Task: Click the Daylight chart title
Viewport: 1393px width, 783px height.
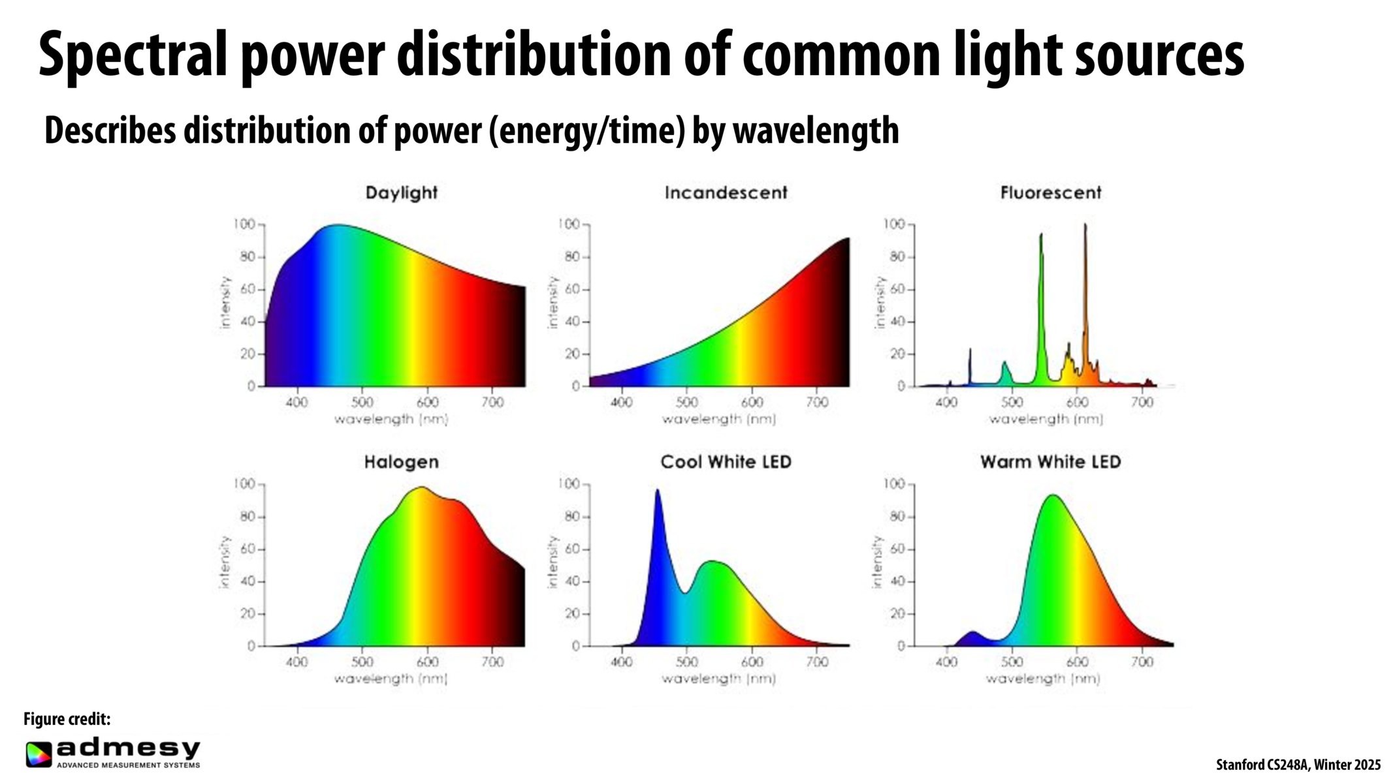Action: (401, 193)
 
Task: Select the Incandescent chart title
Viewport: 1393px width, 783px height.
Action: (726, 193)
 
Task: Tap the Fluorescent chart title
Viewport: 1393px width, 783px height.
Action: (1050, 193)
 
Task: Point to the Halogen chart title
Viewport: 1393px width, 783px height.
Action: (401, 463)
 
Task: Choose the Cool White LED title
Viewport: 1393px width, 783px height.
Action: (726, 463)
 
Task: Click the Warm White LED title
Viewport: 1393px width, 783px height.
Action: (1050, 463)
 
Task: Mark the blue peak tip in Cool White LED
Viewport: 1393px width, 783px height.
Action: (657, 492)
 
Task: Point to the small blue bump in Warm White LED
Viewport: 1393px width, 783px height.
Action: (972, 634)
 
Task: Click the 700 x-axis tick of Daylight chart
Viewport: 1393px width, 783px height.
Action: (492, 403)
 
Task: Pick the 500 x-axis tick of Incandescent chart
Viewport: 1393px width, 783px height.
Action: (686, 403)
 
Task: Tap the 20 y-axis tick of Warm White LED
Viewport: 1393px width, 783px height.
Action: (897, 614)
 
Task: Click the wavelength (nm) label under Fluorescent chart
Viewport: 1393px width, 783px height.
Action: (1045, 419)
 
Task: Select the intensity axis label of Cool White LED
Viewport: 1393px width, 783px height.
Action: (552, 562)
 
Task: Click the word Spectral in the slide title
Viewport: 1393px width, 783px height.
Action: (133, 55)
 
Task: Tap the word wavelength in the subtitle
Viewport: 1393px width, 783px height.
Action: (816, 130)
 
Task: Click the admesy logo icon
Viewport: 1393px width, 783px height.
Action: (39, 754)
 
